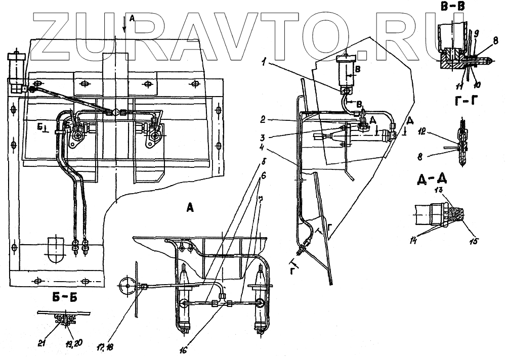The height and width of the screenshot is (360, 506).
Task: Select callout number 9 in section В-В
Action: point(476,32)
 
